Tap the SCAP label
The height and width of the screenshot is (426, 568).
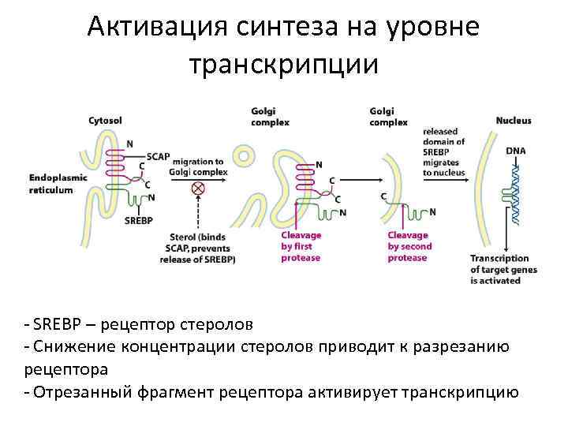pos(158,155)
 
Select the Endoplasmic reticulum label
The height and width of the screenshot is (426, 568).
pos(55,184)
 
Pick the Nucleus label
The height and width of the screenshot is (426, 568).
pos(514,121)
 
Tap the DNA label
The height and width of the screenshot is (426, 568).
pos(516,151)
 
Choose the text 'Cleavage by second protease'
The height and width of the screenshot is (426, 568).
pos(408,246)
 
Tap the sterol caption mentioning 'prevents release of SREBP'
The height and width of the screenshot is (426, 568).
pos(202,248)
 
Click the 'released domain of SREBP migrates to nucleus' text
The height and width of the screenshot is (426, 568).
pos(446,151)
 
